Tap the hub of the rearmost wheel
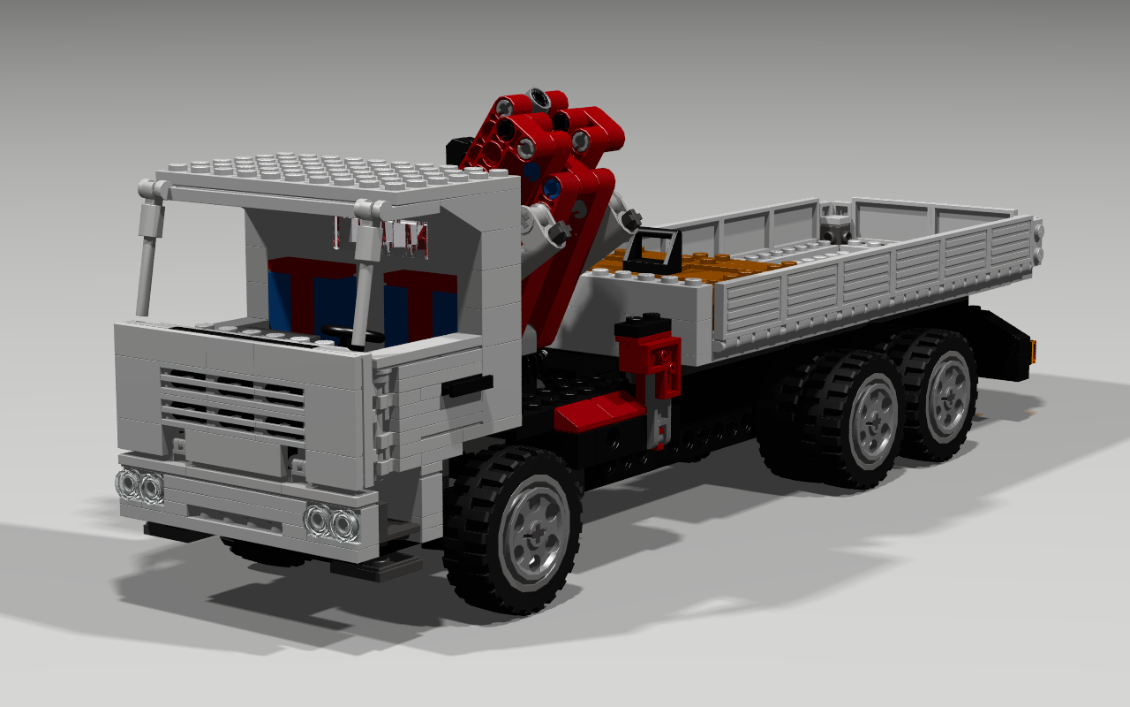[949, 395]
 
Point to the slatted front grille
[232, 403]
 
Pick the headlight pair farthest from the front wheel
[139, 485]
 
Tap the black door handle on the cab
[468, 385]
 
